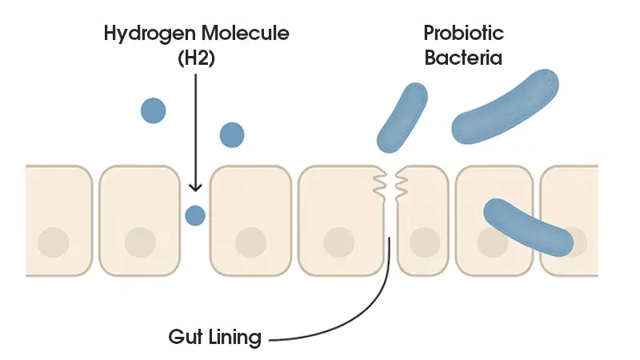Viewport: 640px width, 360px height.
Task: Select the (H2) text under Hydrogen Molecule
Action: pyautogui.click(x=194, y=59)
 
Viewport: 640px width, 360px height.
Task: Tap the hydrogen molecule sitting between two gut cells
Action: pyautogui.click(x=194, y=214)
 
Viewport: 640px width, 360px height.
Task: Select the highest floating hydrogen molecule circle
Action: pyautogui.click(x=153, y=110)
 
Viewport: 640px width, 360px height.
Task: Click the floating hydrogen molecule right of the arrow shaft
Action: pyautogui.click(x=231, y=134)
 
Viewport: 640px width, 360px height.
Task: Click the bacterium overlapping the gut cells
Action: pyautogui.click(x=528, y=226)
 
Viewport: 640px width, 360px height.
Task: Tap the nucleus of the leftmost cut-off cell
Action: pyautogui.click(x=54, y=241)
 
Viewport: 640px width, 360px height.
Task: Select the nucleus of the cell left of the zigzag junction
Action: pyautogui.click(x=339, y=241)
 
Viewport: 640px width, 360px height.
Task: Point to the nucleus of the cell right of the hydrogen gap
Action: pyautogui.click(x=250, y=241)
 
